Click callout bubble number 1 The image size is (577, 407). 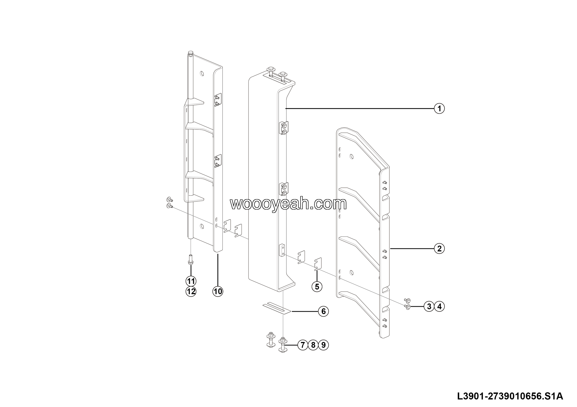(x=439, y=109)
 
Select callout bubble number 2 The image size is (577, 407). (x=439, y=249)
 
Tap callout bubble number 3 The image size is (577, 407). (x=429, y=306)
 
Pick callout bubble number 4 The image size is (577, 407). (x=439, y=306)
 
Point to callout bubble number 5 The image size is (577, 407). (x=317, y=287)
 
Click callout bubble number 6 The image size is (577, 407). (x=323, y=311)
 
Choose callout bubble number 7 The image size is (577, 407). (x=303, y=345)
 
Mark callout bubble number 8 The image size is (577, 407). (x=313, y=345)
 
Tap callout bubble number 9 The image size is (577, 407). (x=323, y=345)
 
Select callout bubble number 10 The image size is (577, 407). (x=218, y=291)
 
